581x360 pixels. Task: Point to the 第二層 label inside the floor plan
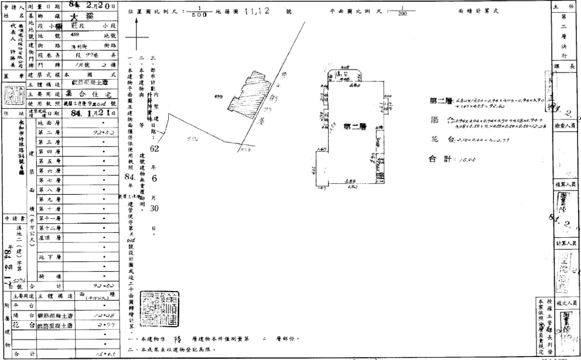355,126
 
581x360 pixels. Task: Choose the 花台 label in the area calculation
441,139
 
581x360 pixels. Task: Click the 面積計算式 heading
474,11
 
